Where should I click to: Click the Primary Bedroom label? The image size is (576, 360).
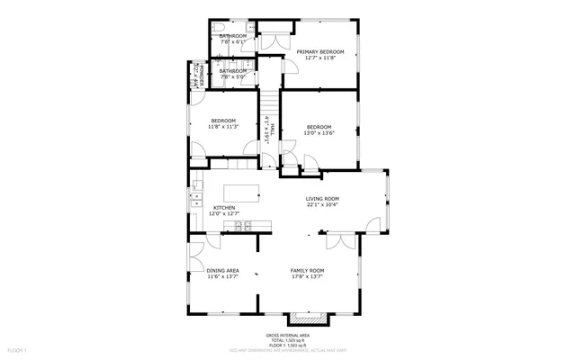coord(321,52)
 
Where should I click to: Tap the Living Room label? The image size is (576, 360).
coord(321,199)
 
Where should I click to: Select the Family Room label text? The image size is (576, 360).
coord(307,270)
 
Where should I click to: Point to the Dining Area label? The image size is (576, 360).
coord(222,270)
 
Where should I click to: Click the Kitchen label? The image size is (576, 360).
coord(224,208)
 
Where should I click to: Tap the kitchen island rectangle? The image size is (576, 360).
coord(242,192)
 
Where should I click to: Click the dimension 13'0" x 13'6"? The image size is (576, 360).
coord(319,133)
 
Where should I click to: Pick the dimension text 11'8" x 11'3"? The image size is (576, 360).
coord(223,127)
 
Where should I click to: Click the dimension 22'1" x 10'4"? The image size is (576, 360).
coord(321,205)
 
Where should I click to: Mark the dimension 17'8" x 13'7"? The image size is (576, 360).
coord(307,276)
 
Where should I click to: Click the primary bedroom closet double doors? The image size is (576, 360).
coord(274,40)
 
